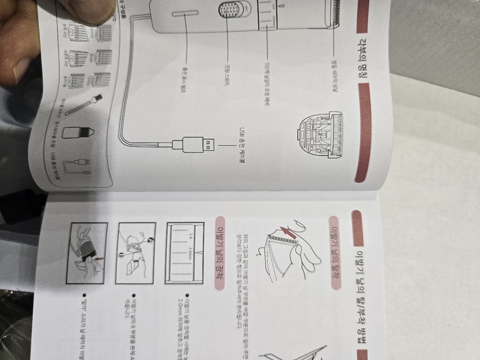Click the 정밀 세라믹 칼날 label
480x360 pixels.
point(334,75)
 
